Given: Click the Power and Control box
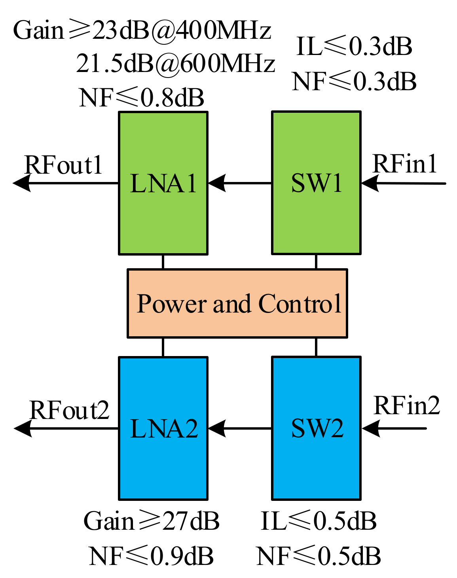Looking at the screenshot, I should (x=237, y=303).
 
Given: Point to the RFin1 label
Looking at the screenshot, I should (x=405, y=164).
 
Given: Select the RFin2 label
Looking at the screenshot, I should (x=407, y=406).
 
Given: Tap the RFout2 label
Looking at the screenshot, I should (x=69, y=410).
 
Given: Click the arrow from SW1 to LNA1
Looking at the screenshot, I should (x=240, y=183).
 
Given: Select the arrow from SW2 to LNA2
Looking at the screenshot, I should (x=240, y=428).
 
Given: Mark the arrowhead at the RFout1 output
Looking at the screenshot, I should (x=22, y=183).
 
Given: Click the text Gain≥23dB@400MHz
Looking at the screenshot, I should (x=142, y=30).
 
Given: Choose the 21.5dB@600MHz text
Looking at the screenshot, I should (x=175, y=63).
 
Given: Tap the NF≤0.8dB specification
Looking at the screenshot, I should (x=142, y=97).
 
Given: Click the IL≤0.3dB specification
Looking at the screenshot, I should (x=354, y=46).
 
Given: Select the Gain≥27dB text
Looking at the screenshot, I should (x=151, y=521).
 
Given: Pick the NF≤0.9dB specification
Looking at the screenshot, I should (x=151, y=556).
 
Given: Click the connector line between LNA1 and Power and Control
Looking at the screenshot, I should (x=163, y=262).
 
